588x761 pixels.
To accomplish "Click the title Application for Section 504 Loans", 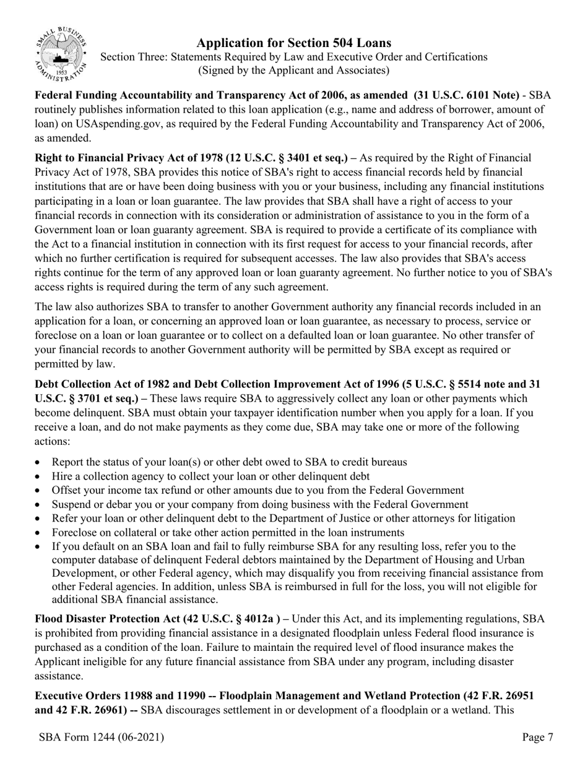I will coord(293,43).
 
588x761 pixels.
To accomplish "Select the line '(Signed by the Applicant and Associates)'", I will coord(293,71).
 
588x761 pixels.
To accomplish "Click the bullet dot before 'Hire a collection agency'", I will coord(39,476).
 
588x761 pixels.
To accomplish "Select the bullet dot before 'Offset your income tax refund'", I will coord(39,491).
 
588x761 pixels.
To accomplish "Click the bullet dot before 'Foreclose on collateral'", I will coord(39,533).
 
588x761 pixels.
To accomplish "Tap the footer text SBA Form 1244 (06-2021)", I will coord(102,737).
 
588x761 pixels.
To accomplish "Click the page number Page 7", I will coord(537,737).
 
